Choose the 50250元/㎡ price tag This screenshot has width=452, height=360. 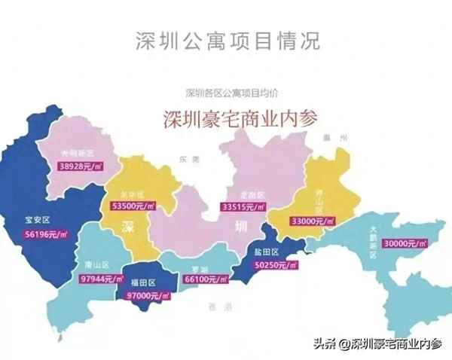click(277, 264)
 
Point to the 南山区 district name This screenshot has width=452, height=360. click(96, 265)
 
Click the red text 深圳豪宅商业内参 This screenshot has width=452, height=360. click(240, 120)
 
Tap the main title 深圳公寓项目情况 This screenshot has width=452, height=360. click(227, 41)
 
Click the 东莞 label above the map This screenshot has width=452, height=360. click(185, 160)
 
